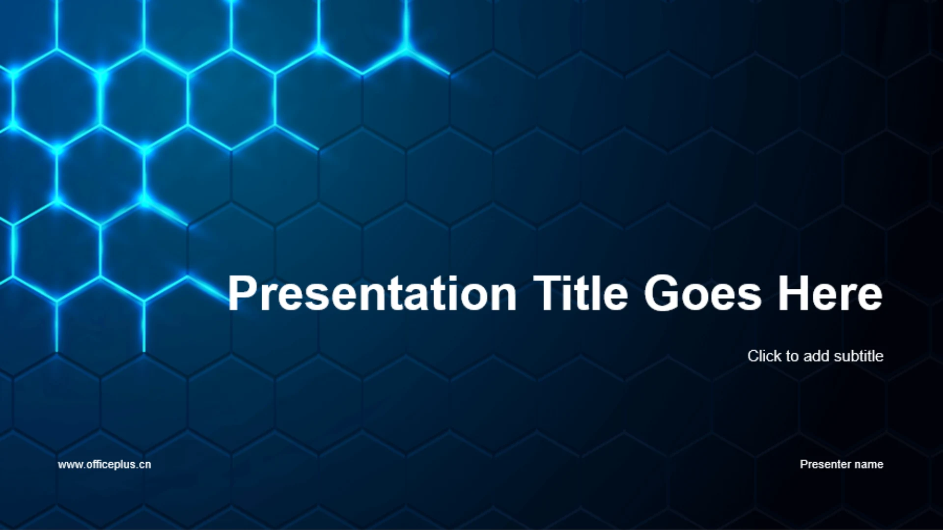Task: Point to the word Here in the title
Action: click(x=830, y=294)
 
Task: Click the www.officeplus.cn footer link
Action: click(x=104, y=465)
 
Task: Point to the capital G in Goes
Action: click(x=660, y=293)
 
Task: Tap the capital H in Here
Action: click(x=793, y=293)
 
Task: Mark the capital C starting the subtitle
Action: click(x=753, y=356)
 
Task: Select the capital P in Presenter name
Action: click(x=804, y=464)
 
